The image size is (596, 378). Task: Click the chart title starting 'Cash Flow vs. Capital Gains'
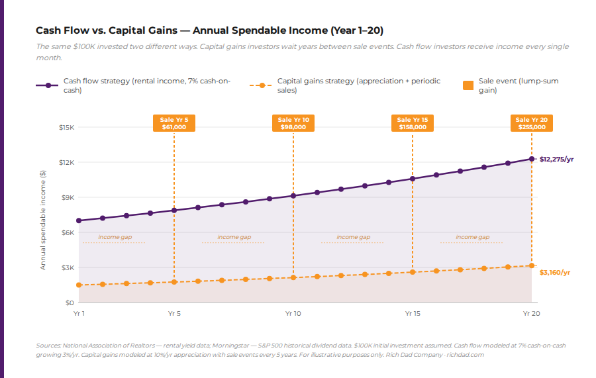209,30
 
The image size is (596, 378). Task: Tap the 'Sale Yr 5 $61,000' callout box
174,123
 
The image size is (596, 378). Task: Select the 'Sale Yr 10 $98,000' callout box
293,123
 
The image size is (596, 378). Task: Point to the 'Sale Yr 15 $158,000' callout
413,123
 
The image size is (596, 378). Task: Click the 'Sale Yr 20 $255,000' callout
532,123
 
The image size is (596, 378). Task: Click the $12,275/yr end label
556,160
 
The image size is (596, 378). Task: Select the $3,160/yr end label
554,272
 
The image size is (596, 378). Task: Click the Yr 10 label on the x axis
293,313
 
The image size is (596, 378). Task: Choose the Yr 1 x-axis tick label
79,313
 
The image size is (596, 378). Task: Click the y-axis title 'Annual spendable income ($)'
43,220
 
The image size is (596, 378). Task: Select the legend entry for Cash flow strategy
139,85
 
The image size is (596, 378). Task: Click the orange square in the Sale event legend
468,85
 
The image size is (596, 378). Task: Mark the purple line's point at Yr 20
531,159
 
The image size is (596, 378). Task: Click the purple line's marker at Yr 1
79,220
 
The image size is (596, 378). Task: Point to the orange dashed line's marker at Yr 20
531,265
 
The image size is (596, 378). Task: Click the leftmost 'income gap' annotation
114,237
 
